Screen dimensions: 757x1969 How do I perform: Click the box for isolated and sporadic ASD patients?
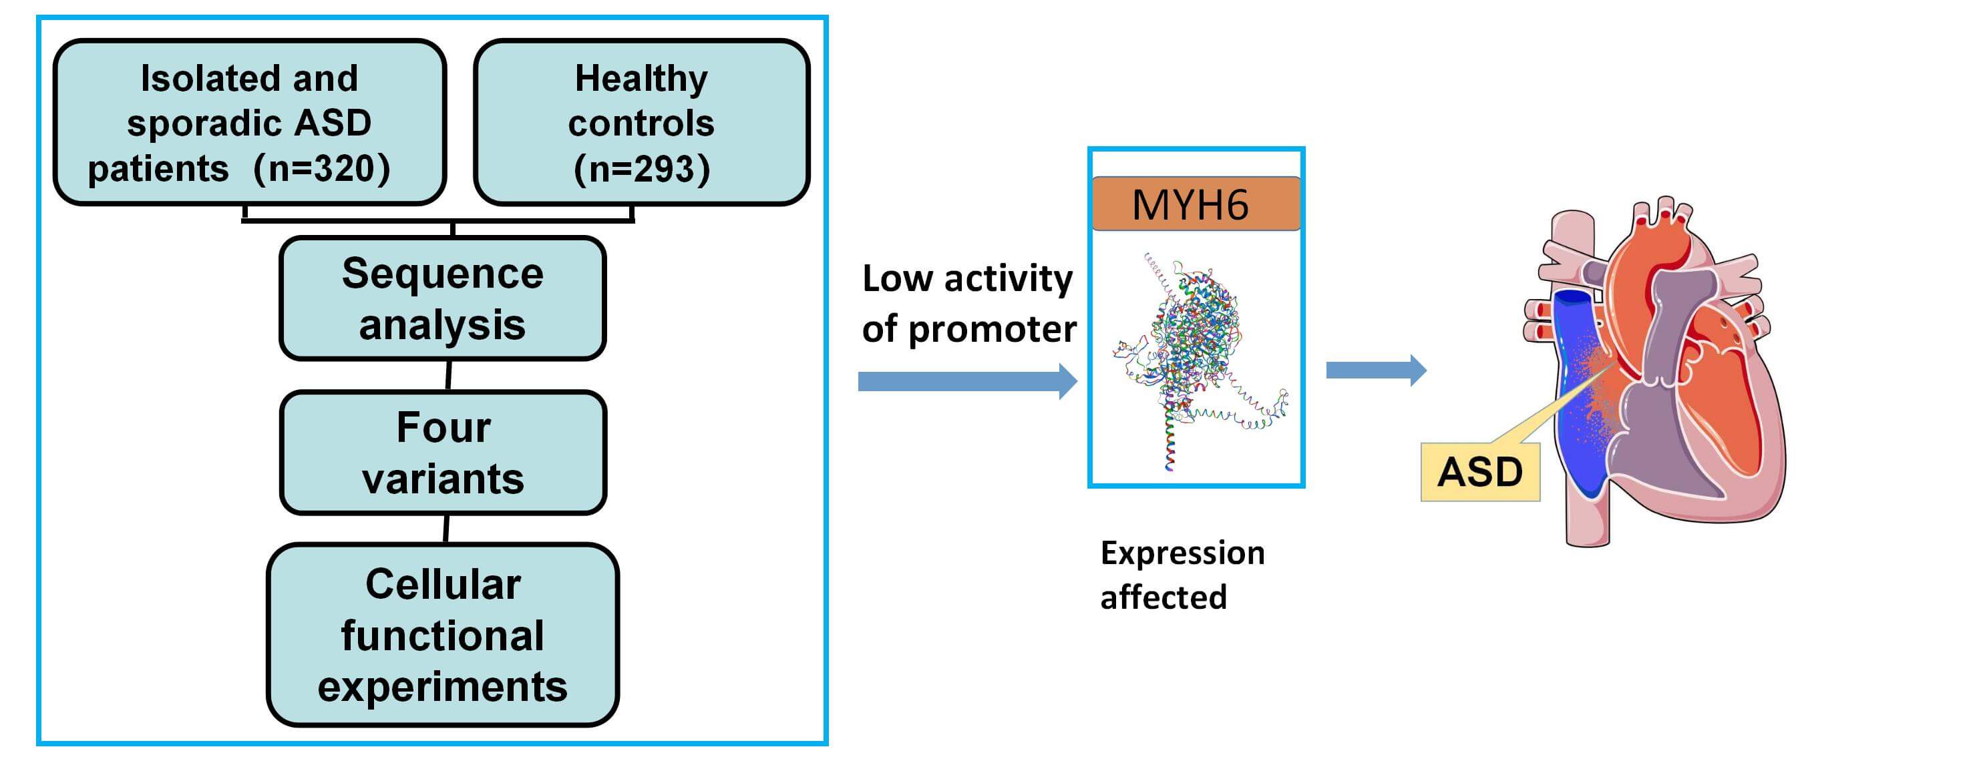pyautogui.click(x=249, y=122)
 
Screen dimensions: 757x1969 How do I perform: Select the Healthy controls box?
pyautogui.click(x=641, y=122)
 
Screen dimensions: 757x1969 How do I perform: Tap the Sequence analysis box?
pyautogui.click(x=443, y=298)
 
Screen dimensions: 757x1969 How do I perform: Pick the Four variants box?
pyautogui.click(x=443, y=452)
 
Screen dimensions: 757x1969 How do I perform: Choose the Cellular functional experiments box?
pyautogui.click(x=443, y=635)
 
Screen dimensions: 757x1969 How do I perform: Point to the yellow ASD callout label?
pyautogui.click(x=1480, y=471)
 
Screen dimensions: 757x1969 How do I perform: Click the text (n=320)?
pyautogui.click(x=322, y=168)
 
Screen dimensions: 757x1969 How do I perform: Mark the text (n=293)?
pyautogui.click(x=641, y=169)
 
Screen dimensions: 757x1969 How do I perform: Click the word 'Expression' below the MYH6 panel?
pyautogui.click(x=1182, y=552)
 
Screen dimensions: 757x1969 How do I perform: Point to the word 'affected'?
pyautogui.click(x=1163, y=597)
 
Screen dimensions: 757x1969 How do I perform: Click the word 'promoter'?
pyautogui.click(x=992, y=329)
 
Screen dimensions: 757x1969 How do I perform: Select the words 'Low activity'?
pyautogui.click(x=967, y=278)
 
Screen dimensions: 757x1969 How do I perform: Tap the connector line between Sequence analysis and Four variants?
pyautogui.click(x=449, y=375)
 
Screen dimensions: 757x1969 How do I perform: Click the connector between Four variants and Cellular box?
pyautogui.click(x=446, y=529)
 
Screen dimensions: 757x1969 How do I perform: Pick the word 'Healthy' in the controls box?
pyautogui.click(x=641, y=79)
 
